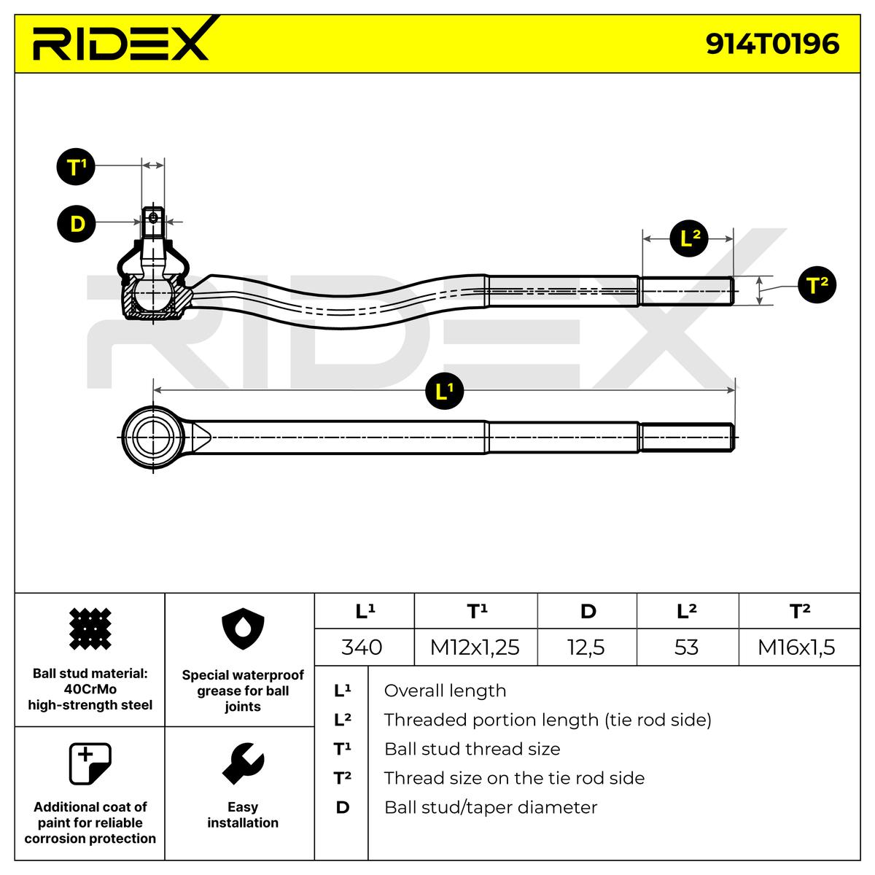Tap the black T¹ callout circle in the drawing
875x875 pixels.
coord(76,167)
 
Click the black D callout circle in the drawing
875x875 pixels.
coord(76,223)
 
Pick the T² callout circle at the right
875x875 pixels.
coord(817,284)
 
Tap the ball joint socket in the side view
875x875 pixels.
coord(154,295)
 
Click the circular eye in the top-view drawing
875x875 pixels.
coord(153,437)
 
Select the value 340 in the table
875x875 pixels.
coord(362,647)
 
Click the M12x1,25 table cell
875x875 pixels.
coord(475,647)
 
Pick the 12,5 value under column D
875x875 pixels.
coord(586,647)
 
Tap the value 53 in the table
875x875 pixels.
coord(686,647)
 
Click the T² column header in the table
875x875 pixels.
coord(799,611)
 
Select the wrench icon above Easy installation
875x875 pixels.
coord(243,764)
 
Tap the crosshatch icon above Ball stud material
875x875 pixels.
coord(90,629)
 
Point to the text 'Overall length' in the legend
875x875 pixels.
coord(445,691)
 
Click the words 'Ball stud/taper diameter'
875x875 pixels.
coord(490,807)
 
